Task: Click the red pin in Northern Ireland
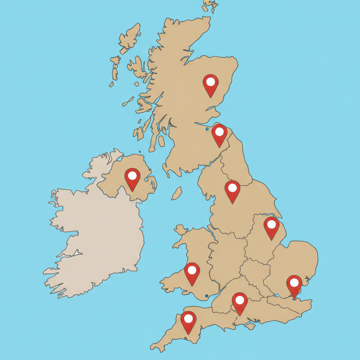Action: tap(132, 177)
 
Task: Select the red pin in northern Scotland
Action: tap(210, 83)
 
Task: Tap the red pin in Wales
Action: tap(192, 272)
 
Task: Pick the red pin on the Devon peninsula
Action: tap(188, 320)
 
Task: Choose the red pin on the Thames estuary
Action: tap(294, 284)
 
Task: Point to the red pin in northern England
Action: tap(232, 190)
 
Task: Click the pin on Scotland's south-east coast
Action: tap(219, 133)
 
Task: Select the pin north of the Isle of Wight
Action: tap(239, 302)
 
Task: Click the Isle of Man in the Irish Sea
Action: tap(177, 193)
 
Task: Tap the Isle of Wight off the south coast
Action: tap(250, 326)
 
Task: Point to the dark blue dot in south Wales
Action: tap(207, 296)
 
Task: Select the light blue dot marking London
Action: tap(277, 295)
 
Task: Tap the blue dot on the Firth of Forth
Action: tap(207, 129)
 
